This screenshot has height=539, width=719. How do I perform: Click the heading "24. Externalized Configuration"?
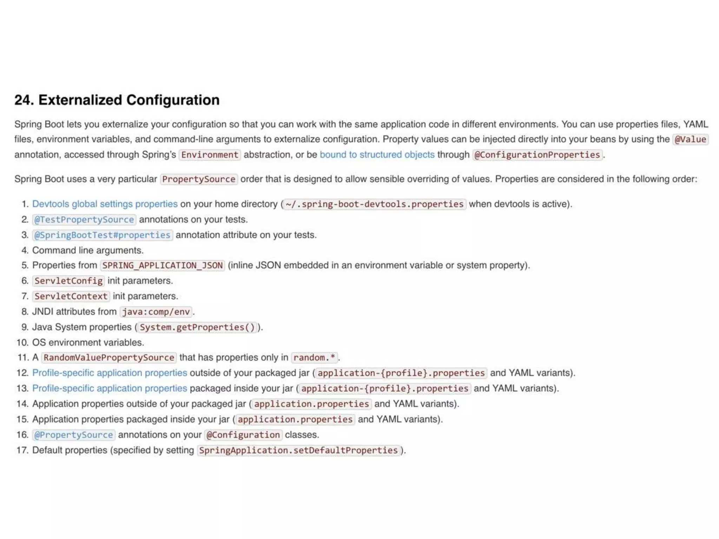click(117, 100)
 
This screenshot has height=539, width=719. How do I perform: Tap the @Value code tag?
click(690, 139)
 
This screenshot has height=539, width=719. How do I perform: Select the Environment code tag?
click(210, 155)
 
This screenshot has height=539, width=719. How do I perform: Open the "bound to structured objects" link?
click(377, 155)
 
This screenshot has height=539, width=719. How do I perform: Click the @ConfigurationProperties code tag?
click(537, 155)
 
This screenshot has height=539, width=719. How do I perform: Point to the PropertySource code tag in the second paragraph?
click(199, 179)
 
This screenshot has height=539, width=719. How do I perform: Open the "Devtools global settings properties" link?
click(105, 204)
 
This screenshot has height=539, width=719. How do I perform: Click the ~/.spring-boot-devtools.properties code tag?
click(375, 204)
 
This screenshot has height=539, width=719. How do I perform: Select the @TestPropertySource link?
click(84, 220)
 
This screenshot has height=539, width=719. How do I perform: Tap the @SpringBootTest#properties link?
click(103, 235)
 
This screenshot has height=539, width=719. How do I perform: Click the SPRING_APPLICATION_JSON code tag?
click(163, 265)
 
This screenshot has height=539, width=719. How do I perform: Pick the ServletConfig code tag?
click(68, 281)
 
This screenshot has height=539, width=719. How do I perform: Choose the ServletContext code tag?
click(71, 296)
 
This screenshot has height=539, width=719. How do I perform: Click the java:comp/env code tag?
click(156, 312)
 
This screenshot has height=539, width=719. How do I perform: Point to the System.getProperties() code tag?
click(197, 327)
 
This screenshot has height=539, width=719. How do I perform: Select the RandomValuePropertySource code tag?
click(109, 358)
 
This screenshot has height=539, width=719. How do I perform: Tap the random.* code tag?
click(314, 358)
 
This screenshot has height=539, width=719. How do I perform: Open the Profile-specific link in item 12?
click(110, 373)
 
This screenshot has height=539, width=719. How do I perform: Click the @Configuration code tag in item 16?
click(243, 435)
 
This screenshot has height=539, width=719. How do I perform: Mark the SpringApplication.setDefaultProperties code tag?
click(298, 450)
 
